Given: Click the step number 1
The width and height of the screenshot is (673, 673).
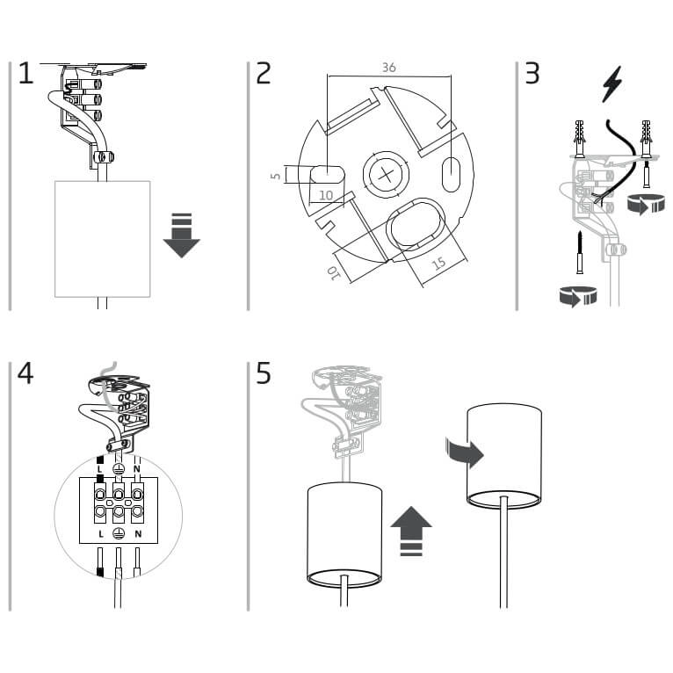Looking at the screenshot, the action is [25, 73].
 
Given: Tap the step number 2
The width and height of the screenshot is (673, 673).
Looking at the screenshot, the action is [264, 73].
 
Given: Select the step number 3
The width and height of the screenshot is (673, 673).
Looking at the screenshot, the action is [532, 73].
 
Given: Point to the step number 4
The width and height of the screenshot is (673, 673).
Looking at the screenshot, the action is [25, 373].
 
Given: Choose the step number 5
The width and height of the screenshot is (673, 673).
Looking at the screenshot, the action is [264, 373].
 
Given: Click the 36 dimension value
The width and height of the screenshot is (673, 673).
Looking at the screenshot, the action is [389, 68].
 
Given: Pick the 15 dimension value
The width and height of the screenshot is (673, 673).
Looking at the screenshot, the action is [439, 264].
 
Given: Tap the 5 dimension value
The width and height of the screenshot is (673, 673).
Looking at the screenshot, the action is [276, 176].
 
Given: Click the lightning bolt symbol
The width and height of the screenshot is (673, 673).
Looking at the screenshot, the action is [612, 84].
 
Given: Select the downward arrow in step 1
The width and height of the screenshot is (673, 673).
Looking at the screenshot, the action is [182, 235].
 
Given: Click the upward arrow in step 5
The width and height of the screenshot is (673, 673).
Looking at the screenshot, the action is [411, 531].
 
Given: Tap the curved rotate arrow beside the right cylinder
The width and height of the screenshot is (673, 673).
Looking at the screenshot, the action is [465, 452].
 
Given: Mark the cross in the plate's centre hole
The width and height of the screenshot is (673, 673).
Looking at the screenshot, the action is [386, 175].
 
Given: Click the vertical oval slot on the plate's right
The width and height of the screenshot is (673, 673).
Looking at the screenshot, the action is [451, 174].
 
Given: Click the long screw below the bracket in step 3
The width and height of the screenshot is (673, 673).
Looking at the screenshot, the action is [580, 252].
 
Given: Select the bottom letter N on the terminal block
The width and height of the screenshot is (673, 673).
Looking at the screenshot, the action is [138, 534].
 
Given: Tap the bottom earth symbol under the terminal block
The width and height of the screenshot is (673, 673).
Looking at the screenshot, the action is [119, 533].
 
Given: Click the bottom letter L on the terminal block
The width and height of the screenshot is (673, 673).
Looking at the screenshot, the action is [101, 534].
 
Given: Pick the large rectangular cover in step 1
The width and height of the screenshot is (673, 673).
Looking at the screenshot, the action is [103, 239].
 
